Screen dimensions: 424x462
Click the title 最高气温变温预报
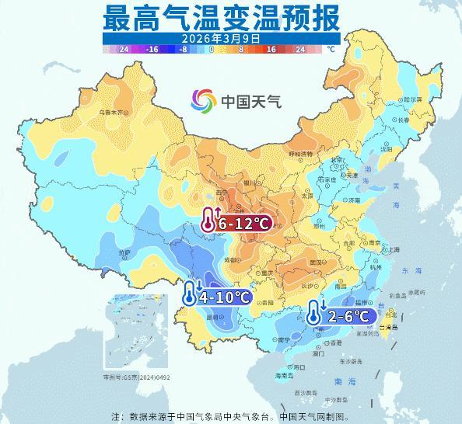pyautogui.click(x=222, y=17)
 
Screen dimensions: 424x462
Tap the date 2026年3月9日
pyautogui.click(x=222, y=37)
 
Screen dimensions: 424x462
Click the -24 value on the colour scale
pyautogui.click(x=122, y=49)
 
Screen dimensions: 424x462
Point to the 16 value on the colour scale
pyautogui.click(x=272, y=49)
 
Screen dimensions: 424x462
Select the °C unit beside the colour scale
pyautogui.click(x=331, y=49)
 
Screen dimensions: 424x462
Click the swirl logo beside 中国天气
pyautogui.click(x=205, y=100)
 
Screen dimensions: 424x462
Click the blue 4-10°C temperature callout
pyautogui.click(x=217, y=297)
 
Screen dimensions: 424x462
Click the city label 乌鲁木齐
pyautogui.click(x=110, y=113)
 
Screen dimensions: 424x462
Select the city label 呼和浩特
pyautogui.click(x=299, y=154)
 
